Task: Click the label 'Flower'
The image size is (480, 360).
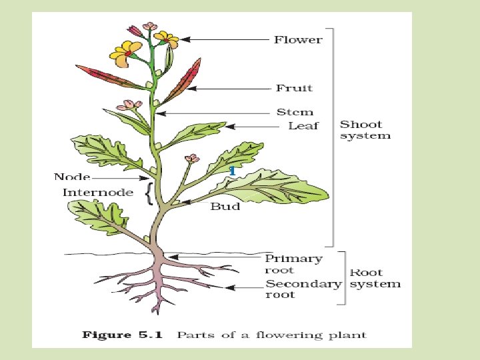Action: point(298,40)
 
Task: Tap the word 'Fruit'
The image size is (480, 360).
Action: point(295,88)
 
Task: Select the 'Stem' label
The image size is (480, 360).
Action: point(295,113)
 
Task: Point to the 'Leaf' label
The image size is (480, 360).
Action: point(303,126)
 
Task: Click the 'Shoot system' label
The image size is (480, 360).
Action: point(365,130)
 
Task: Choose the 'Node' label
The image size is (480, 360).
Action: point(72,177)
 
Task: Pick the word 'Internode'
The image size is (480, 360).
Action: point(97,193)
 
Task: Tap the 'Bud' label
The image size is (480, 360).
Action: point(225,207)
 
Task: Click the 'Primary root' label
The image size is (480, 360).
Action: point(293,264)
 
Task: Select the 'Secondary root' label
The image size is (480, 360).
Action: point(303,289)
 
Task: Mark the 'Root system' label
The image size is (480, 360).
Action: point(375,278)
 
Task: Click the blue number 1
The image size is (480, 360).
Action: point(231,171)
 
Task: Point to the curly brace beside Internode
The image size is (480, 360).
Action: point(148,193)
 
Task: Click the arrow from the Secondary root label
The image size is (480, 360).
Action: point(247,287)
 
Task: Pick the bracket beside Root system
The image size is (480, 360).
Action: point(344,278)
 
